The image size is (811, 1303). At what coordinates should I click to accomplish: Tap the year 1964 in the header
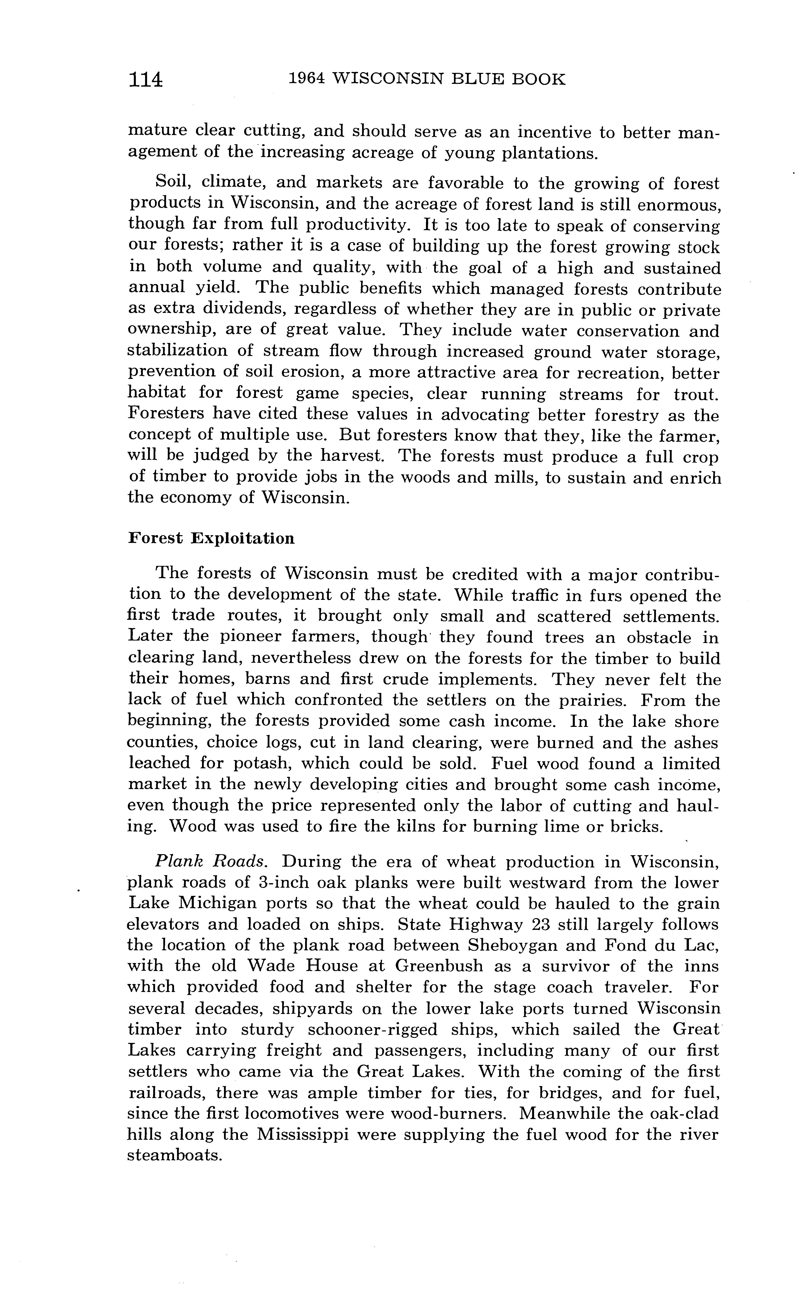(307, 79)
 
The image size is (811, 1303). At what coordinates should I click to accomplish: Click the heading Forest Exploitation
(211, 538)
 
